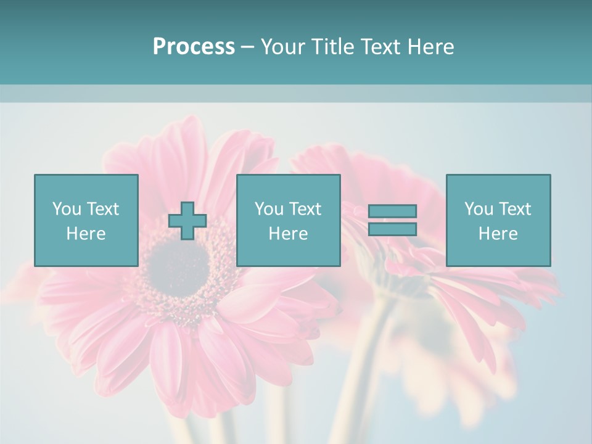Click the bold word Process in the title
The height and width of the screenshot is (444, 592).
(x=194, y=47)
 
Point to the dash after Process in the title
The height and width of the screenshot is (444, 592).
(x=248, y=47)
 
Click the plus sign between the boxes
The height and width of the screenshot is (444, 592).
(x=187, y=221)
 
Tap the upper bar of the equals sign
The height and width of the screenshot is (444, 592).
(x=392, y=212)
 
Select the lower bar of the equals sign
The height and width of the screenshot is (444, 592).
(x=392, y=229)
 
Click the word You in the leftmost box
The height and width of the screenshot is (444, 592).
(x=67, y=209)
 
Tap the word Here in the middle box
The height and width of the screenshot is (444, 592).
(x=288, y=234)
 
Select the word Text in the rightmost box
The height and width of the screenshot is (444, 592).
(x=515, y=209)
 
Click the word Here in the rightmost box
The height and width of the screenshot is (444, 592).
(x=498, y=234)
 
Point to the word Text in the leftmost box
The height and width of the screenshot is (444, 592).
(x=103, y=209)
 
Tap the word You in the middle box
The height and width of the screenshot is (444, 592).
(x=269, y=209)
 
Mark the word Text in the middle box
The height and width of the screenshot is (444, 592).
(x=305, y=209)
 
